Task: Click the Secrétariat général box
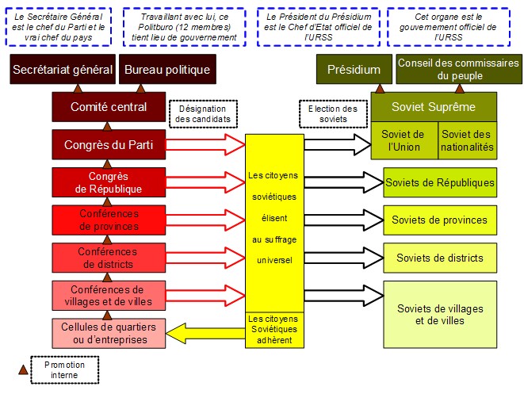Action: coord(62,70)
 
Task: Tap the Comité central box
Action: coord(108,107)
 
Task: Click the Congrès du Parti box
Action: coord(108,144)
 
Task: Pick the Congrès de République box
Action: coord(108,182)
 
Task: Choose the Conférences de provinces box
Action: coord(108,220)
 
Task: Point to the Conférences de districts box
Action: coord(108,258)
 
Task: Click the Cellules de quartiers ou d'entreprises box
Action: coord(108,333)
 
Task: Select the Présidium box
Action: coord(354,70)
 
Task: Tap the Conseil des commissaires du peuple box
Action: coord(458,70)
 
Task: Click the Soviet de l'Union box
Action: coord(404,140)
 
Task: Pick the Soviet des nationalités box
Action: coord(468,140)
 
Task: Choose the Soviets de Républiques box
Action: coord(440,182)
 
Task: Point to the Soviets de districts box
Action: coord(440,258)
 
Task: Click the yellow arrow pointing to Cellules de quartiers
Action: coord(206,332)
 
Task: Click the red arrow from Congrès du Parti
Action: coord(206,144)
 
